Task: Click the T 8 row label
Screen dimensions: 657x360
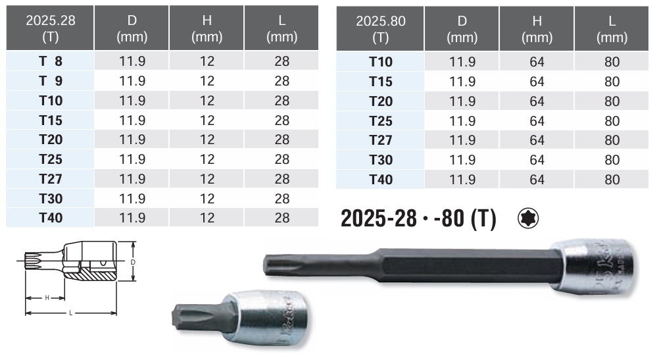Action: (x=50, y=61)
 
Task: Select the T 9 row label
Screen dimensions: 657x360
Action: (x=50, y=80)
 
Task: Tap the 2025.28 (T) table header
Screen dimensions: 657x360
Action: (x=50, y=28)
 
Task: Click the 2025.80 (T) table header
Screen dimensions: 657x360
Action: (x=381, y=28)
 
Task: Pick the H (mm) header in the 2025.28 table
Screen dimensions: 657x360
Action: (x=207, y=28)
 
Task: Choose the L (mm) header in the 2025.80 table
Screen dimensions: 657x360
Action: (x=612, y=28)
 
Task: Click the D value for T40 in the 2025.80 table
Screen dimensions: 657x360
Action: (x=462, y=180)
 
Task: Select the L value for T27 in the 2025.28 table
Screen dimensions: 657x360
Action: (x=281, y=178)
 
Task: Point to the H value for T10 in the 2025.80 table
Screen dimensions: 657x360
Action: (x=537, y=62)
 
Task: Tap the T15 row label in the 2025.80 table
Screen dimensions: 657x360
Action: (x=381, y=82)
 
